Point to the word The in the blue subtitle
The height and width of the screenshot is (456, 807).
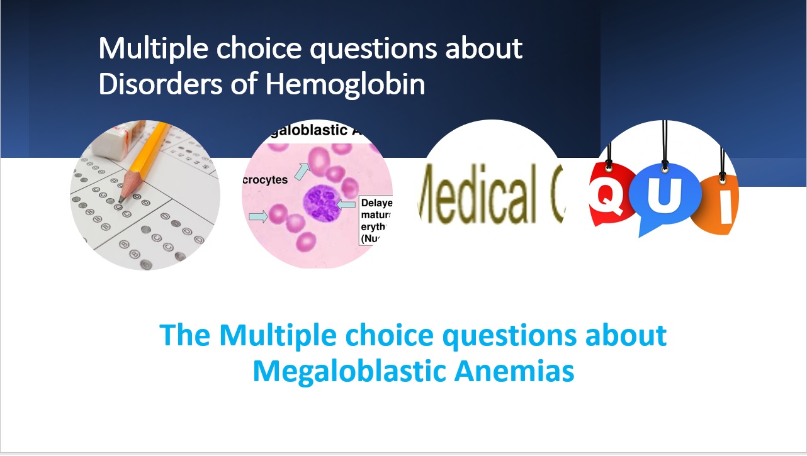185,335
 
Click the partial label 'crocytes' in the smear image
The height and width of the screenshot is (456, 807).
265,180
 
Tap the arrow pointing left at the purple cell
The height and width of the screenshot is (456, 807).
347,204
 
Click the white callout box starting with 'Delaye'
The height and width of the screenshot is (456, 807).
376,221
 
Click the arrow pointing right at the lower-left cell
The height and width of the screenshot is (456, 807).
257,216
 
